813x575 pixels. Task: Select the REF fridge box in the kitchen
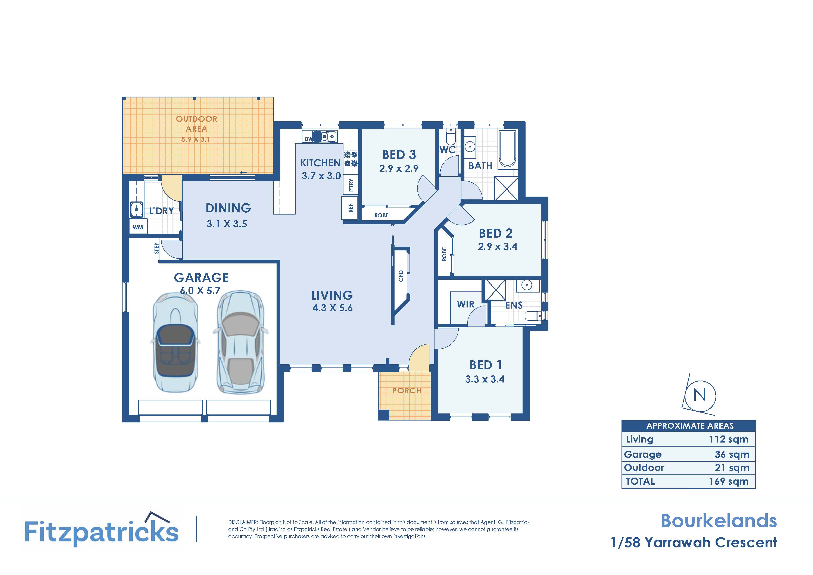pyautogui.click(x=350, y=208)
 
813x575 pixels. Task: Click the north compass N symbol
pyautogui.click(x=700, y=395)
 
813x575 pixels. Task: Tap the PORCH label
pyautogui.click(x=406, y=391)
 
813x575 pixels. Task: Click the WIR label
pyautogui.click(x=465, y=304)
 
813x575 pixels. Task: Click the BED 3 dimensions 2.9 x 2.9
pyautogui.click(x=399, y=169)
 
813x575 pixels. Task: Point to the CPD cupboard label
pyautogui.click(x=401, y=276)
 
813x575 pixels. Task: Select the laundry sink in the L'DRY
pyautogui.click(x=136, y=209)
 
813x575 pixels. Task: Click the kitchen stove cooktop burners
pyautogui.click(x=351, y=159)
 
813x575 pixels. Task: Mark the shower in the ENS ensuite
pyautogui.click(x=495, y=290)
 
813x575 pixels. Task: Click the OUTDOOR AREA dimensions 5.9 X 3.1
pyautogui.click(x=196, y=139)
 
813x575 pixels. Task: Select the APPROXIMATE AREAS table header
pyautogui.click(x=690, y=426)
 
